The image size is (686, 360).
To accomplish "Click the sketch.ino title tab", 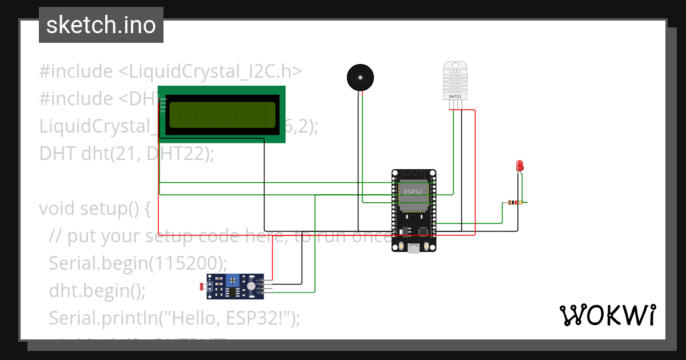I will click(101, 25).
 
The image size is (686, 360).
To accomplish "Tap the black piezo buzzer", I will click(361, 77).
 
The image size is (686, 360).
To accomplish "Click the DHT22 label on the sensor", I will click(456, 97).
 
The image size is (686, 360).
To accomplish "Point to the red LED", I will click(520, 166).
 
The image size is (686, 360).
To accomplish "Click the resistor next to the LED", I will click(514, 203).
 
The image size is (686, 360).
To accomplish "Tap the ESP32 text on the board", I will click(413, 192).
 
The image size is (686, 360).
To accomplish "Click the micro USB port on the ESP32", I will click(413, 249).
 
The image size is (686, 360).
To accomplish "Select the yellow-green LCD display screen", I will click(222, 115).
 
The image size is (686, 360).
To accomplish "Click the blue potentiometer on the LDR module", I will click(233, 281).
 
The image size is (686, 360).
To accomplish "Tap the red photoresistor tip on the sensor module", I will click(200, 286).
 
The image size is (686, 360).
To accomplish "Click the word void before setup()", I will click(57, 209).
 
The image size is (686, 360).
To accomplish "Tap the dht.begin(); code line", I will click(97, 290).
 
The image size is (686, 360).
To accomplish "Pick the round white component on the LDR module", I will click(251, 286).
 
